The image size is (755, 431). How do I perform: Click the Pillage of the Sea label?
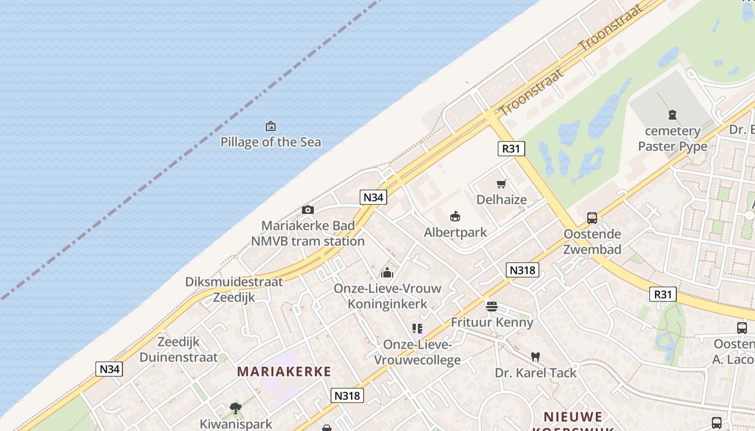pos(271,142)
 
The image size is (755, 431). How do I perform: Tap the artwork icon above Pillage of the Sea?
pos(271,127)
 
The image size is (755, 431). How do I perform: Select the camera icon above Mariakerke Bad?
pos(308,210)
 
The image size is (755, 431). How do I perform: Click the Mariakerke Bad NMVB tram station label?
pos(308,233)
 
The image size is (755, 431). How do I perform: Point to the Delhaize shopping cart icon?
pos(502,184)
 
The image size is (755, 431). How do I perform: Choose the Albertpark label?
pos(456,232)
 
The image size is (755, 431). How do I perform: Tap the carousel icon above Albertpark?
pos(456,217)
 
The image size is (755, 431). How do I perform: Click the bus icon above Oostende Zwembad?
pos(592,218)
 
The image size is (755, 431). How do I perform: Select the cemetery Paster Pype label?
pos(672,138)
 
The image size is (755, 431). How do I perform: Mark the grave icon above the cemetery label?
pos(672,115)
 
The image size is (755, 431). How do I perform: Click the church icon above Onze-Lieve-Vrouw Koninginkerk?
pos(387,273)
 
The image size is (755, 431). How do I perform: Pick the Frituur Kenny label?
pos(492,322)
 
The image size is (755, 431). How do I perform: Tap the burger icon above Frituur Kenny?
pos(492,307)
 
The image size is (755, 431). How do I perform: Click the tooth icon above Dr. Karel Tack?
pos(536,357)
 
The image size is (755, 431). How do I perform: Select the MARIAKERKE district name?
pos(284,371)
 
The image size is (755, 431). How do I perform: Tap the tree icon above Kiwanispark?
pos(236,408)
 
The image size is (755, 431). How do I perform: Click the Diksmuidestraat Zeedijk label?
pos(234,290)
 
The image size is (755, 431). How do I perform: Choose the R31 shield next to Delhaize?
pos(511,149)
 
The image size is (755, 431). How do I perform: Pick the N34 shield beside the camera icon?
pos(373,197)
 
